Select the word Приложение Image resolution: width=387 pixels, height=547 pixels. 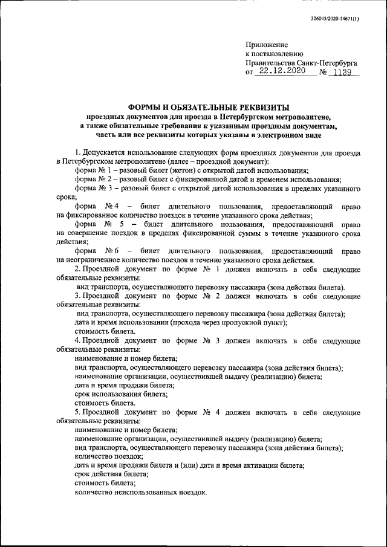point(267,45)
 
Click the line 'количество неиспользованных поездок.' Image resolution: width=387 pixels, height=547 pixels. point(140,492)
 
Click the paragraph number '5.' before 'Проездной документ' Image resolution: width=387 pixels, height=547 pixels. point(78,412)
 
